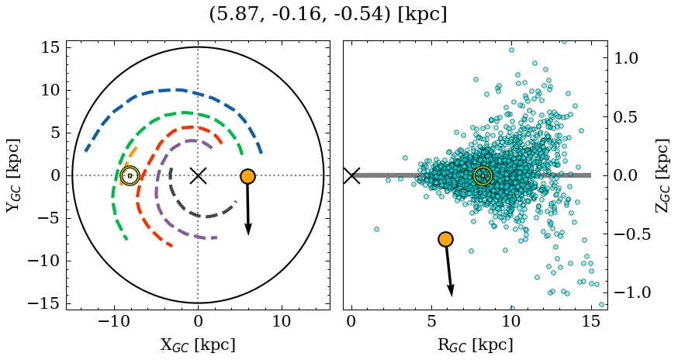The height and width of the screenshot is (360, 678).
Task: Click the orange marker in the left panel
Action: coord(247,176)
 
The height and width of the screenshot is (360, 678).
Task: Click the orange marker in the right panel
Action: coord(445,239)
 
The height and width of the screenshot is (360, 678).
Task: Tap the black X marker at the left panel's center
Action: coord(198,175)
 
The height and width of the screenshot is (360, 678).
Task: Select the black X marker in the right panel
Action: coord(351,175)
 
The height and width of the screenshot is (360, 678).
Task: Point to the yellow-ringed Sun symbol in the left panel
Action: coord(130,176)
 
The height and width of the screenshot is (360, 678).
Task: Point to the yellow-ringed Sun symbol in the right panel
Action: coord(483,176)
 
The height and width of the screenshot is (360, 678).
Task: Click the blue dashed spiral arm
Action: coord(175,90)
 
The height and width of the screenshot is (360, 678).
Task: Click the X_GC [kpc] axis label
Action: coord(198,344)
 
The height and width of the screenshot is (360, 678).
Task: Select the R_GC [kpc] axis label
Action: coord(475,344)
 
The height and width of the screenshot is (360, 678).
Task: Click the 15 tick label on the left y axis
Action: coord(50,47)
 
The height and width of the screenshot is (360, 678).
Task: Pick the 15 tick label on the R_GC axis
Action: coord(591,321)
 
